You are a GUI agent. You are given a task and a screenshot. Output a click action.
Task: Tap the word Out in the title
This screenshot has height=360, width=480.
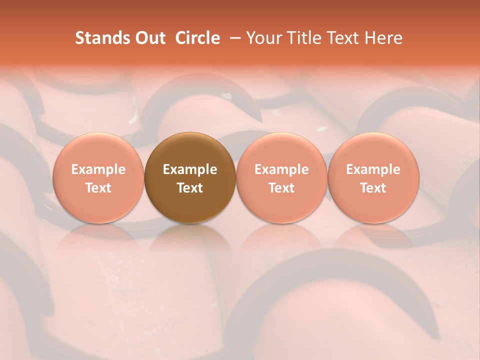pos(150,38)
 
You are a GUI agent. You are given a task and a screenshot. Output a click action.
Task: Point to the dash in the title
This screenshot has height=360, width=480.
pos(232,38)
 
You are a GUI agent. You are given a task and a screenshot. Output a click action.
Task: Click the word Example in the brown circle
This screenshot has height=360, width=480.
pos(190,169)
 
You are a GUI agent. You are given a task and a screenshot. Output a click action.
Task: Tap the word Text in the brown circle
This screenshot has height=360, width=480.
pos(190,188)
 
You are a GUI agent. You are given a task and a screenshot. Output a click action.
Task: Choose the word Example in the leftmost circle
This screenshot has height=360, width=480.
pos(98,169)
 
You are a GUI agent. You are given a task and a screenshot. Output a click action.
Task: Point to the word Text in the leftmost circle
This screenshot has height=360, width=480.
pos(98,188)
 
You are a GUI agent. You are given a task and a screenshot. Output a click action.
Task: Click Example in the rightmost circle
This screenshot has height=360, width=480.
pos(373,169)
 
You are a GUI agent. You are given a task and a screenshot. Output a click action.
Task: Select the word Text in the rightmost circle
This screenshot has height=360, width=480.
pos(373,188)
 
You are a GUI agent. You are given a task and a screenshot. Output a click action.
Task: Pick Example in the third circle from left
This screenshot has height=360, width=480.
pos(281,169)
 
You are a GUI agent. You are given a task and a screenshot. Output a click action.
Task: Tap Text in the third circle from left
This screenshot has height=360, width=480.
pos(281,188)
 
